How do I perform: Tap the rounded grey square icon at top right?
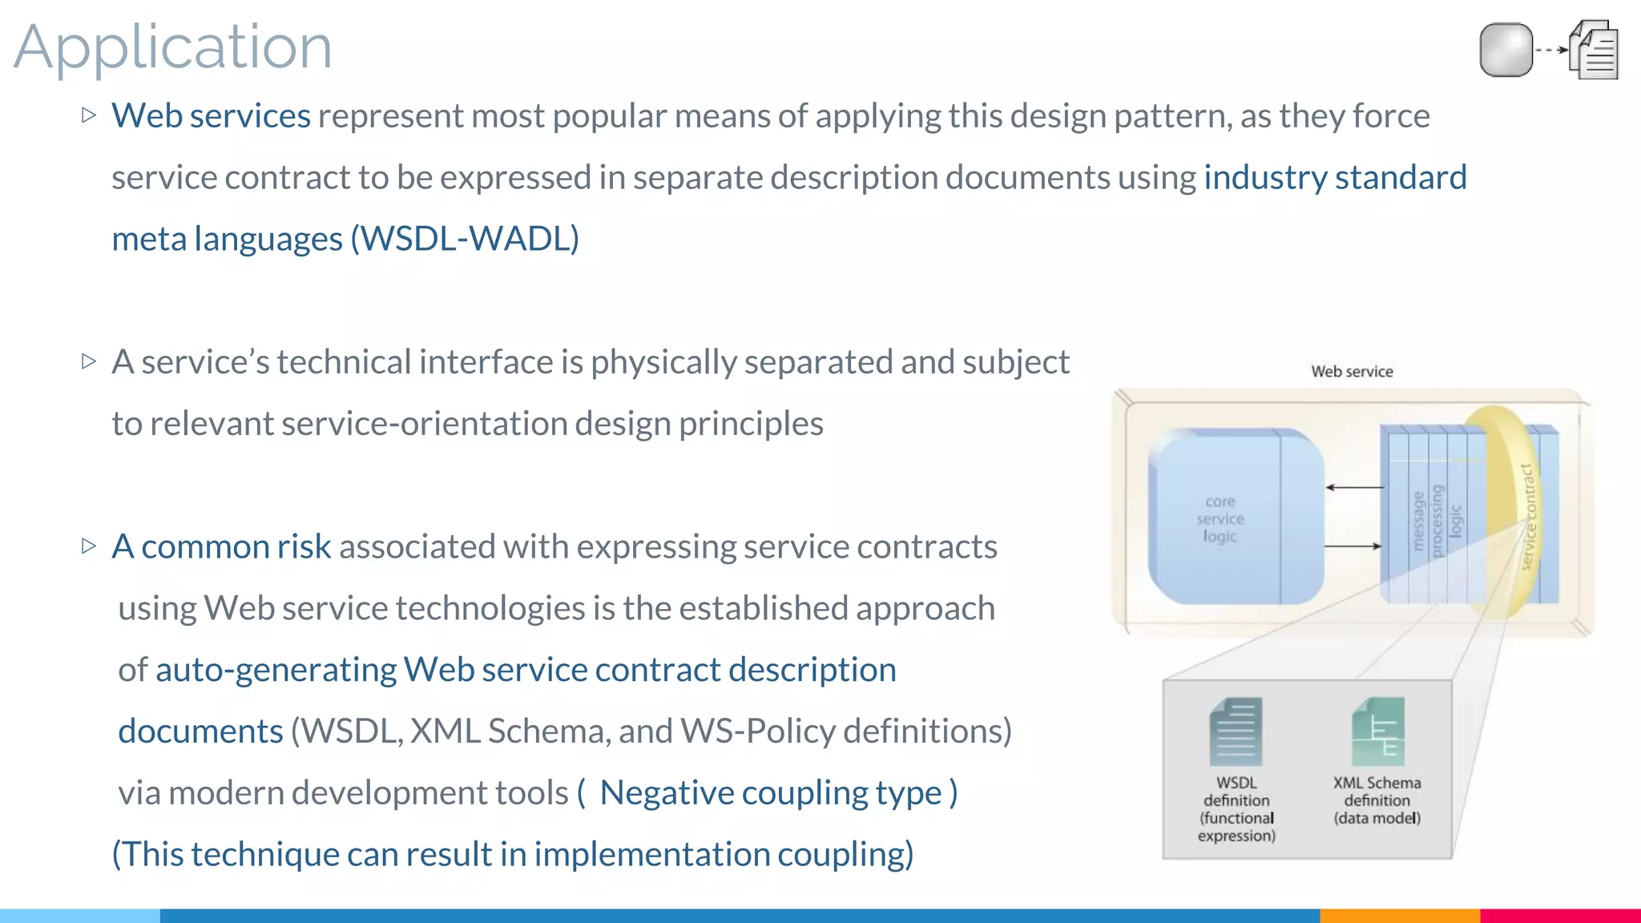[x=1506, y=50]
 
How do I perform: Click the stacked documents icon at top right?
[x=1595, y=50]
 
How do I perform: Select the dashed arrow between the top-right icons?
[x=1551, y=50]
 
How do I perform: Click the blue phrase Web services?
[x=211, y=116]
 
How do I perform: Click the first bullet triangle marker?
[x=89, y=115]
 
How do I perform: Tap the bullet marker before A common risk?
[x=89, y=546]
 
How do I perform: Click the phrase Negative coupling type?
[x=770, y=793]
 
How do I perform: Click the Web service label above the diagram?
[x=1352, y=372]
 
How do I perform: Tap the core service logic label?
[x=1220, y=518]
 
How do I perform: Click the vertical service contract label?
[x=1528, y=518]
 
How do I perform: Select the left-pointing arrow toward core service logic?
[x=1354, y=487]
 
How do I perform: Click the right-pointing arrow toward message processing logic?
[x=1353, y=546]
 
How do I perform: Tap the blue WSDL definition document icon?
[x=1236, y=732]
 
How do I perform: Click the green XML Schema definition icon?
[x=1377, y=732]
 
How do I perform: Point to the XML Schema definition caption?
[x=1377, y=800]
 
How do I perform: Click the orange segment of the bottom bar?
[x=1399, y=916]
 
